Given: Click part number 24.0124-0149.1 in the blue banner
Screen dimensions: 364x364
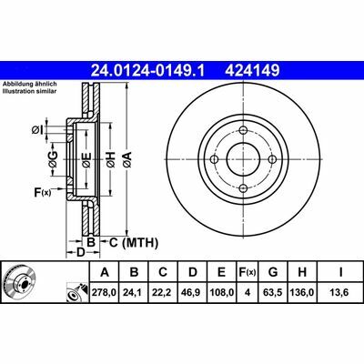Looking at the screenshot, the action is point(148,71).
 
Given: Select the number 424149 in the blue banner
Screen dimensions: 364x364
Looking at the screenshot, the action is point(251,71).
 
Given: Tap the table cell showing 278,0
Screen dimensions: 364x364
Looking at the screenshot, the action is point(105,293).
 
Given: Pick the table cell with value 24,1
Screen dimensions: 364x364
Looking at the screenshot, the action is point(134,293).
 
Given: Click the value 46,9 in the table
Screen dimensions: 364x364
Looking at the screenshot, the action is point(192,293).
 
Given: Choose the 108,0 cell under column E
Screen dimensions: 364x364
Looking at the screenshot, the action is point(222,293).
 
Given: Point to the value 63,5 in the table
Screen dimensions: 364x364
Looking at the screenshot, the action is point(273,293).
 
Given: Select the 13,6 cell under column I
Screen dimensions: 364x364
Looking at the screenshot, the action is point(340,293).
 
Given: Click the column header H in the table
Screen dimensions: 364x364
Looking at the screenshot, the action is point(302,272).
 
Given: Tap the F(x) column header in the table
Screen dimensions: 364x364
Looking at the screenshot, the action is point(248,272).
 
